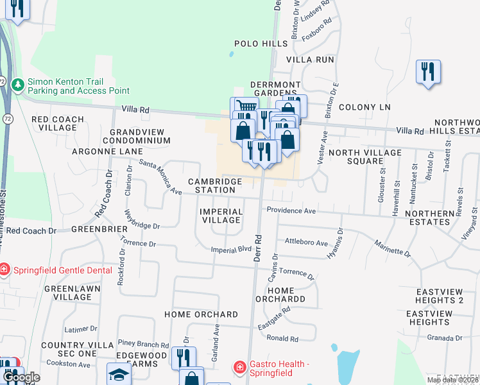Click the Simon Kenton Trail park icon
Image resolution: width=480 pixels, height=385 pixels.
point(18,84)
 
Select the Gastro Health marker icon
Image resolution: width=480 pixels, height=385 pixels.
point(239,366)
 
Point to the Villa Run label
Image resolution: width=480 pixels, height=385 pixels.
point(311,59)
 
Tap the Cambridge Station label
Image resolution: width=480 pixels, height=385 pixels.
point(215,185)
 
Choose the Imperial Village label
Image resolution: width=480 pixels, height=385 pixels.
point(221,216)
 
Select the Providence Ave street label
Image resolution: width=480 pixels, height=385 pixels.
point(291,210)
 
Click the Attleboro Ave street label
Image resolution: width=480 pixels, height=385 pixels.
point(306,244)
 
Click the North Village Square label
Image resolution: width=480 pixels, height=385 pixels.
point(364,157)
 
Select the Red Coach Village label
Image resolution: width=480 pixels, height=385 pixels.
point(58,123)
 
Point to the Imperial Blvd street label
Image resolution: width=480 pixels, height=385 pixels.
point(231,250)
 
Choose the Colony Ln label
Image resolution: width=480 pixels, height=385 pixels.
point(364,107)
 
